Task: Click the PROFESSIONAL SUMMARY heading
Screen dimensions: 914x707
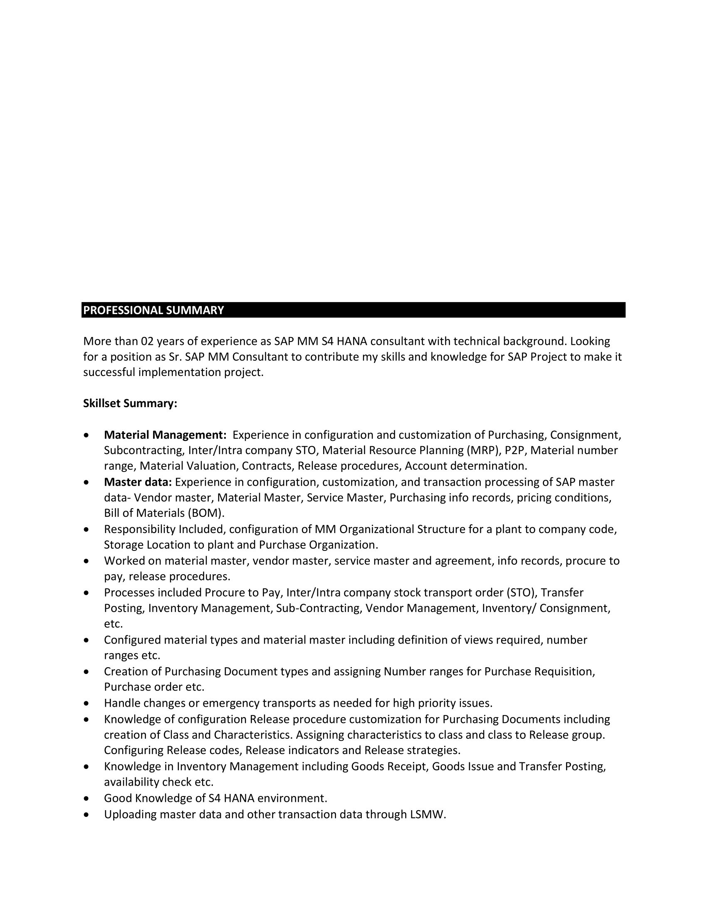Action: pyautogui.click(x=153, y=310)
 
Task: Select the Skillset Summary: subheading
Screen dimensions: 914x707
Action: pyautogui.click(x=130, y=403)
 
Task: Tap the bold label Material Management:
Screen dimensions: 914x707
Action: pyautogui.click(x=165, y=435)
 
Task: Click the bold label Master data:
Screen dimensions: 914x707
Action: pyautogui.click(x=138, y=482)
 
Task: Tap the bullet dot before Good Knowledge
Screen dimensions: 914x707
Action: pyautogui.click(x=86, y=799)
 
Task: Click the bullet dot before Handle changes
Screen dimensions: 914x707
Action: pyautogui.click(x=86, y=703)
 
